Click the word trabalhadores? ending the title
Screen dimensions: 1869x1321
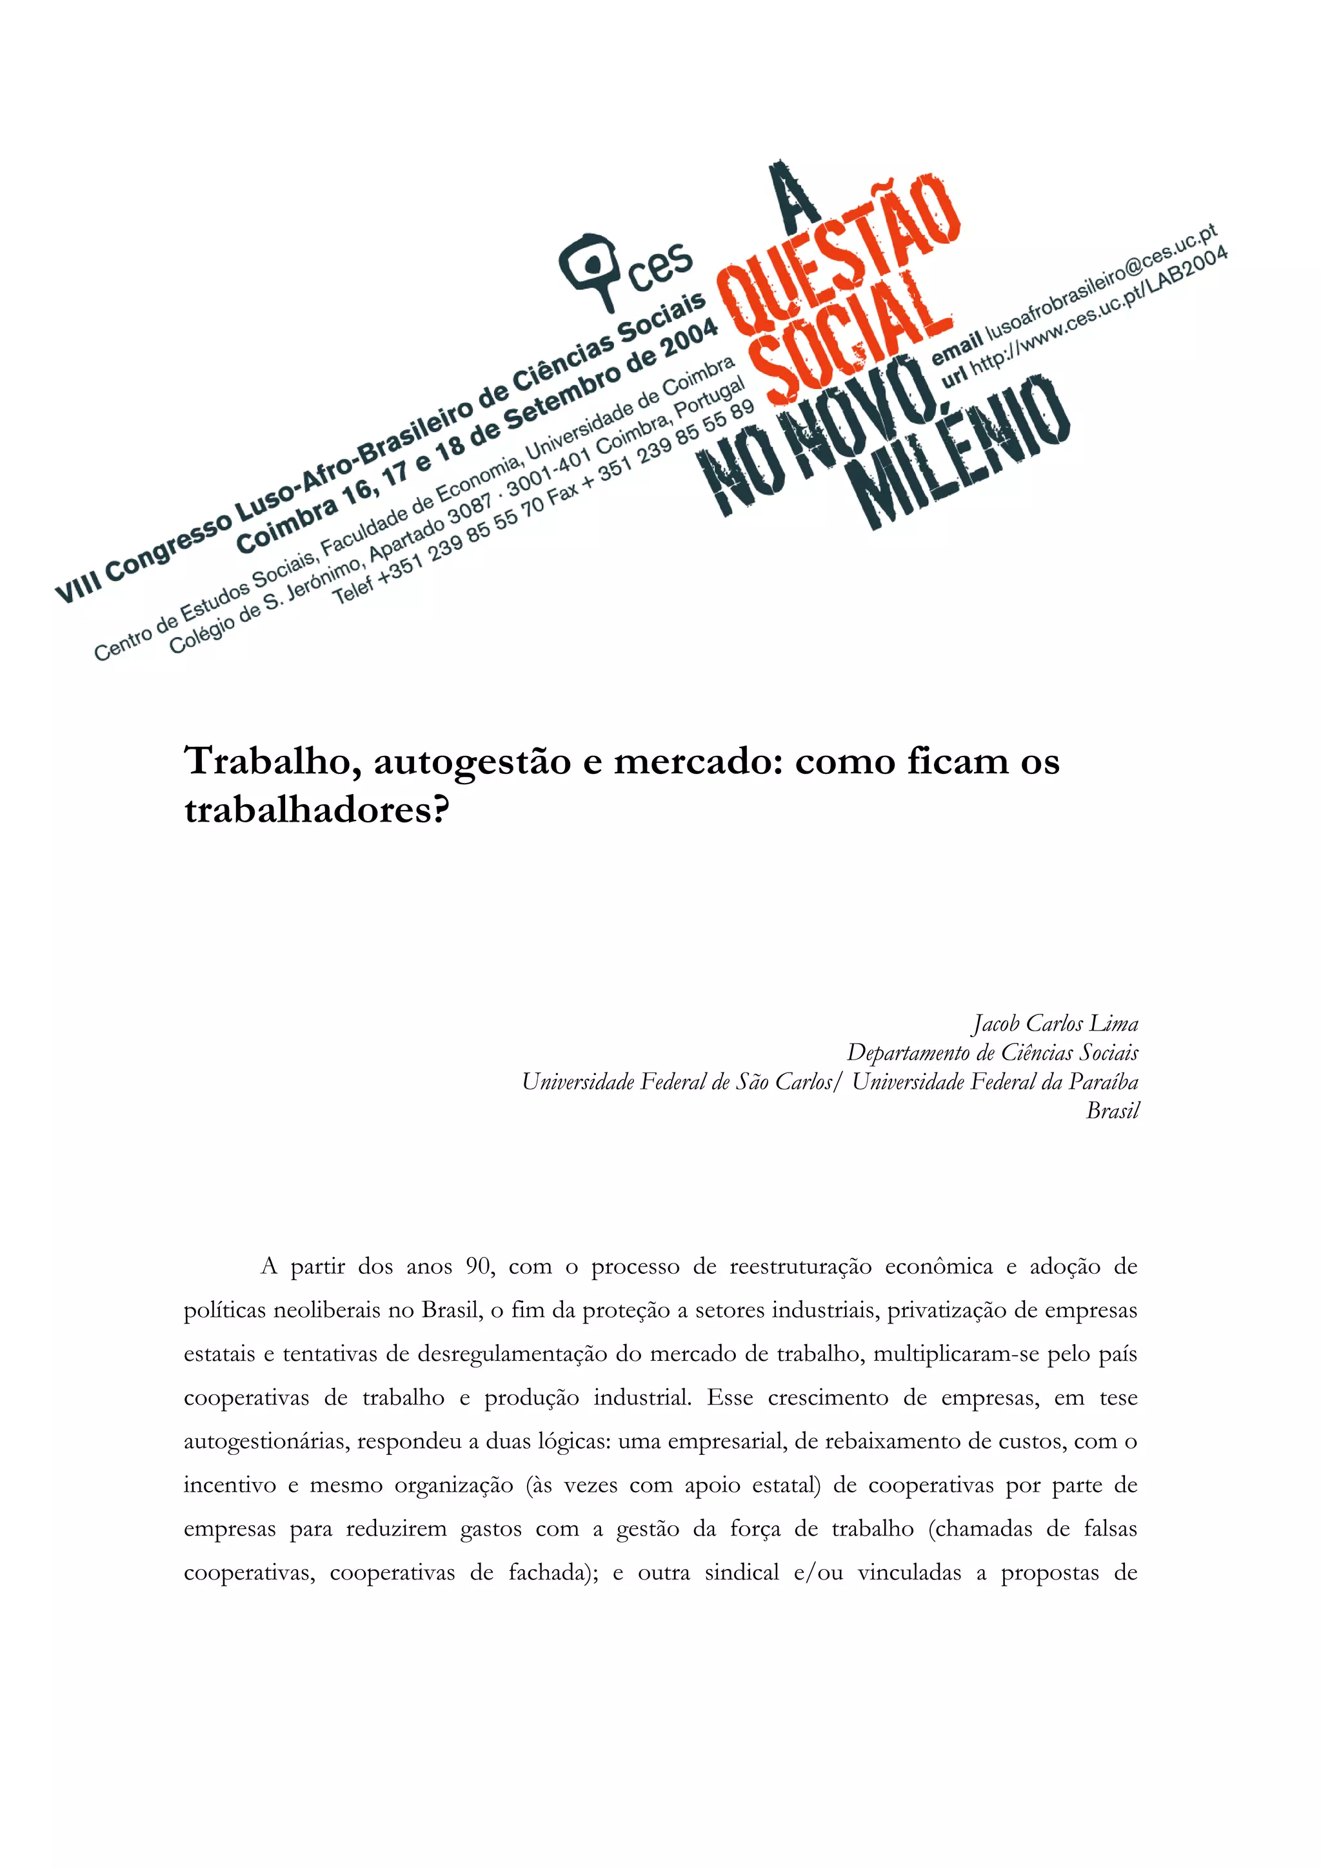tap(317, 811)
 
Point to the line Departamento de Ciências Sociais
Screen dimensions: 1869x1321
tap(992, 1053)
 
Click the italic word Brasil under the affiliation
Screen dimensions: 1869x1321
tap(1112, 1111)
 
